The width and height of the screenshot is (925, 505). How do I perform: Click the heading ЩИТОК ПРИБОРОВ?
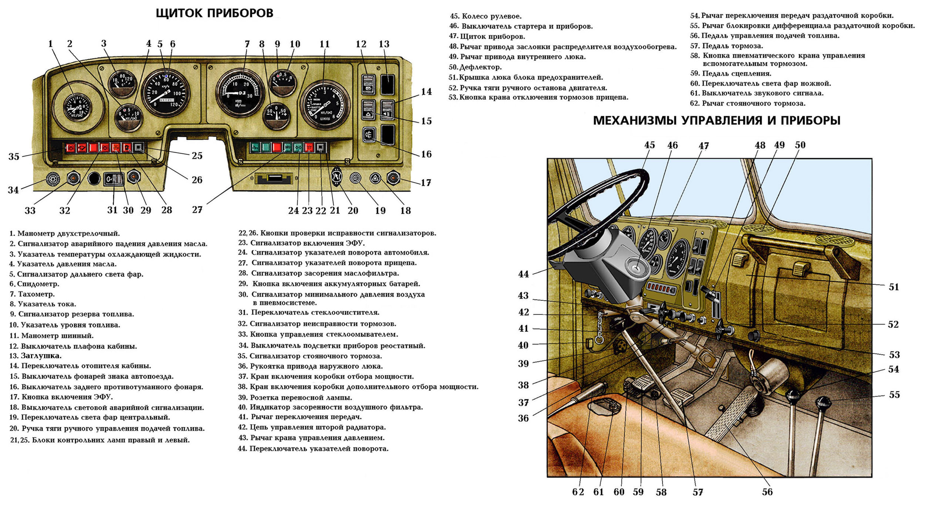point(214,13)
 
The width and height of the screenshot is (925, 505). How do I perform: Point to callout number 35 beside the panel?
point(14,156)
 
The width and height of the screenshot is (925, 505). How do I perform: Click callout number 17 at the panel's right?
point(426,183)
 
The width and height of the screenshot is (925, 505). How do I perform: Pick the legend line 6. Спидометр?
point(34,284)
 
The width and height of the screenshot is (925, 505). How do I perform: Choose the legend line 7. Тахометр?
point(32,294)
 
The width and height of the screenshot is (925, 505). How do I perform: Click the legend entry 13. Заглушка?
point(36,356)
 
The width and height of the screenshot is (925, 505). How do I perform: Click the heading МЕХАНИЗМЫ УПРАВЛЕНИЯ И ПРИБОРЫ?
point(717,121)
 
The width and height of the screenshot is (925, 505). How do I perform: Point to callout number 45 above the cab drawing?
point(649,145)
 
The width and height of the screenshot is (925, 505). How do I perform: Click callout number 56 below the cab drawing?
point(767,492)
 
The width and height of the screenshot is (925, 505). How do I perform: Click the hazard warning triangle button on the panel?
point(375,179)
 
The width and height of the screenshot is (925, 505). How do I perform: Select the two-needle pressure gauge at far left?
point(78,107)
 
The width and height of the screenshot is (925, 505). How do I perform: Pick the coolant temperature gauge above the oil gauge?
point(122,84)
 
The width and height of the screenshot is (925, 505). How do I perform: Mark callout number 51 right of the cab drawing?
point(894,287)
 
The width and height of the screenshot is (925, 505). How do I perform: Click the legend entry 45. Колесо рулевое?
point(485,16)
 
